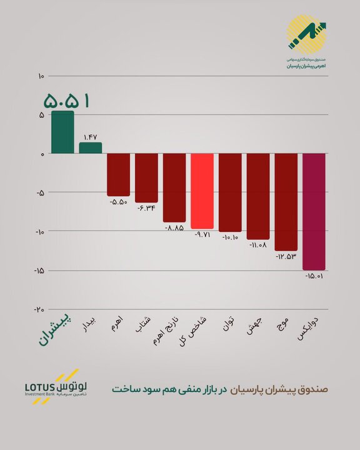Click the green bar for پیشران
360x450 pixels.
click(x=62, y=132)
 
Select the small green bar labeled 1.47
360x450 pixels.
click(x=90, y=147)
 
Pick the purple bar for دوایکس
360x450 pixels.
click(x=314, y=211)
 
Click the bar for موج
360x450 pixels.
click(x=286, y=201)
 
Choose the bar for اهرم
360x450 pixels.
click(x=118, y=174)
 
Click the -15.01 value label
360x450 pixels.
click(x=314, y=276)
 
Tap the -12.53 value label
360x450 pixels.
click(x=286, y=256)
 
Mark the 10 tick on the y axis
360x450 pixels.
click(x=41, y=76)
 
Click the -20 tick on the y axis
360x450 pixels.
click(x=39, y=309)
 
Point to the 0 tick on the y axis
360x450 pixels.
click(x=42, y=154)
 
